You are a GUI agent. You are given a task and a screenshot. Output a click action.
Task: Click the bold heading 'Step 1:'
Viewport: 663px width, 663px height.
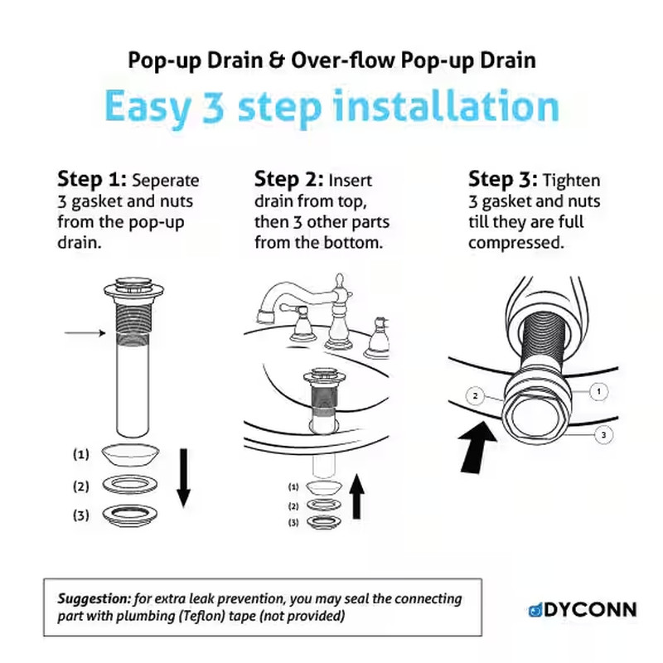pos(92,179)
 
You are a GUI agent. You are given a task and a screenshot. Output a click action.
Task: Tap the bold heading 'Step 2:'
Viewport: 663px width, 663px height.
pos(288,179)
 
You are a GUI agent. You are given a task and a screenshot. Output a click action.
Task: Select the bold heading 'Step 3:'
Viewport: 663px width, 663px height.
pos(503,179)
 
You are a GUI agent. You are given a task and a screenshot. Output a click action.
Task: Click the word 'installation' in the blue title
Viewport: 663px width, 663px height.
pos(446,106)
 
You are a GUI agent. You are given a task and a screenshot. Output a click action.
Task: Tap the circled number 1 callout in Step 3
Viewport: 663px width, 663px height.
pos(598,391)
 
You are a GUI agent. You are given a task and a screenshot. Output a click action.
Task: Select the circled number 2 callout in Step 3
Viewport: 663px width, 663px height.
pos(475,396)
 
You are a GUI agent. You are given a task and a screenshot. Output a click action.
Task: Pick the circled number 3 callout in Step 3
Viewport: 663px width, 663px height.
pos(603,434)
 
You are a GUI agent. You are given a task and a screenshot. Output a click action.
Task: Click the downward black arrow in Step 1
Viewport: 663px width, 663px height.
pos(183,478)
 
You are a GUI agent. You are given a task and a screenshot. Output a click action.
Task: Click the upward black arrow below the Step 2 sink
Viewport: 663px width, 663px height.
pos(357,496)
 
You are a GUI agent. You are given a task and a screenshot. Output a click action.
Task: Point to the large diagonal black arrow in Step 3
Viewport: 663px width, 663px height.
pos(478,448)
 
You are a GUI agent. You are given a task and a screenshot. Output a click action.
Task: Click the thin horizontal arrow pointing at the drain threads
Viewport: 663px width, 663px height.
pos(85,333)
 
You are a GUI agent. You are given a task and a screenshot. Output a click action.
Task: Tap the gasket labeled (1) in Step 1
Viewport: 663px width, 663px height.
pos(130,455)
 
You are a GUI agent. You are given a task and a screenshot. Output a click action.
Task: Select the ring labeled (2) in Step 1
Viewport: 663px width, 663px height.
pos(130,485)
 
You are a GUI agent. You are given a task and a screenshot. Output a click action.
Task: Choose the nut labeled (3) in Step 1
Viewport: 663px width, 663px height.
pos(130,515)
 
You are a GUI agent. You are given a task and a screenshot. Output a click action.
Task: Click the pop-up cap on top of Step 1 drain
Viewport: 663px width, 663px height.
pos(133,283)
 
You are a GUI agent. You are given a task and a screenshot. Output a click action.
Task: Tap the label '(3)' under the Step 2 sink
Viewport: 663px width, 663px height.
pos(293,523)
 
